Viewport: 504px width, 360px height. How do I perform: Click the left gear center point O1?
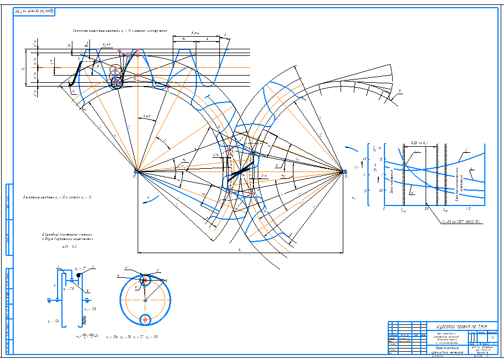pos(138,173)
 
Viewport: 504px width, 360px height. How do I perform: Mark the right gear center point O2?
pos(344,172)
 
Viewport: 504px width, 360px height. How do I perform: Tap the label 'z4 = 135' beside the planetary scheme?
pos(90,310)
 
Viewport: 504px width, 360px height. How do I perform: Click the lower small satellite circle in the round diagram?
pos(145,319)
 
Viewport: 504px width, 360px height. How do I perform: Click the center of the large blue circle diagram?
pos(145,300)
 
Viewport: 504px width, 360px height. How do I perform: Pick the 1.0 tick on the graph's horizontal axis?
pos(467,209)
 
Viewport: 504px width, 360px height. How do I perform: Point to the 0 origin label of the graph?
pos(384,209)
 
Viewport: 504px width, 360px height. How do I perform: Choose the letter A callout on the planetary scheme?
pos(58,266)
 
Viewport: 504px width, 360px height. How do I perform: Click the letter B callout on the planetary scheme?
pos(88,291)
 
